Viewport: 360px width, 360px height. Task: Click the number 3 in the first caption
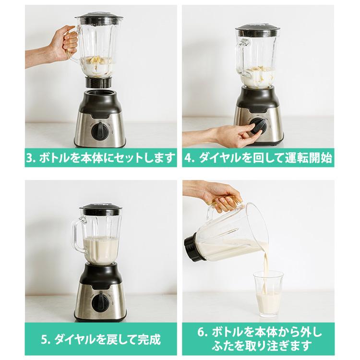[x=30, y=157]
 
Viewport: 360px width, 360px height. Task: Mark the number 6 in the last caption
[x=202, y=333]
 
